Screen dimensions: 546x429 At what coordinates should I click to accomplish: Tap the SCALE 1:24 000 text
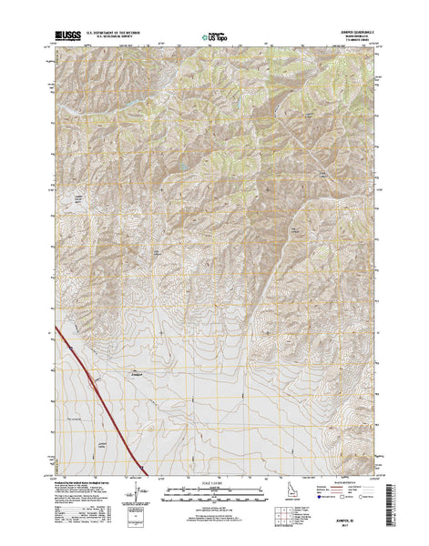pyautogui.click(x=213, y=479)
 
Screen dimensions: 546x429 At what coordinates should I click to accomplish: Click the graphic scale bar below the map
pyautogui.click(x=213, y=491)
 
